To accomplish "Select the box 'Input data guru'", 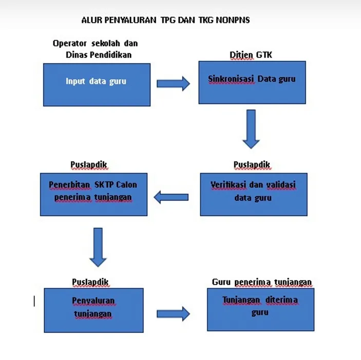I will click(x=97, y=84).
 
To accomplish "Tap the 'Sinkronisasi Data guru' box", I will click(x=252, y=82).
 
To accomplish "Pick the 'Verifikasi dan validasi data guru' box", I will click(x=254, y=194).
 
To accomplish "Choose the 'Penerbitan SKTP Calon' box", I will click(x=93, y=194).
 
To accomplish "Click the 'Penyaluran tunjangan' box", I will click(x=93, y=310).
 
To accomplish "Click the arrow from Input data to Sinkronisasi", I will click(x=173, y=84).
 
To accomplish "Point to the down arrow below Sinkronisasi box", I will click(x=251, y=128).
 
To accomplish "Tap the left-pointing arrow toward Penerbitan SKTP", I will click(x=172, y=197).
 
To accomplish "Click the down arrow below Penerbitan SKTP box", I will click(x=98, y=247).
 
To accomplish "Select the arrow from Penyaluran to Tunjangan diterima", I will click(x=173, y=313).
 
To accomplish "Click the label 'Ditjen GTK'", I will click(x=251, y=55).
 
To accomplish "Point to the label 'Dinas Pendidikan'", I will click(x=99, y=54).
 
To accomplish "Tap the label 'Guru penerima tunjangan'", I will click(x=262, y=282).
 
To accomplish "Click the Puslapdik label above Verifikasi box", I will click(x=252, y=165).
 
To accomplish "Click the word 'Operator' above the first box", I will click(x=70, y=44).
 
